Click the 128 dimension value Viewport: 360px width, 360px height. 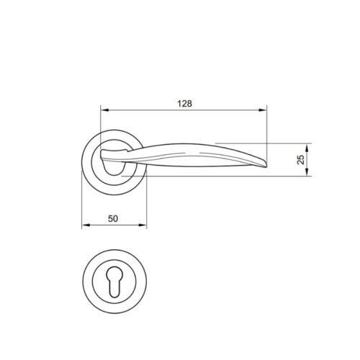point(184,104)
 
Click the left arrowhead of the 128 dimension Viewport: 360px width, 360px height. point(103,111)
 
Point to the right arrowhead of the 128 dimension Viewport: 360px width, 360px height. point(264,111)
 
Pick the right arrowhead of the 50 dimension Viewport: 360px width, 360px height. point(143,226)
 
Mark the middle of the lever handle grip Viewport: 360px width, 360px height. point(194,153)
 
